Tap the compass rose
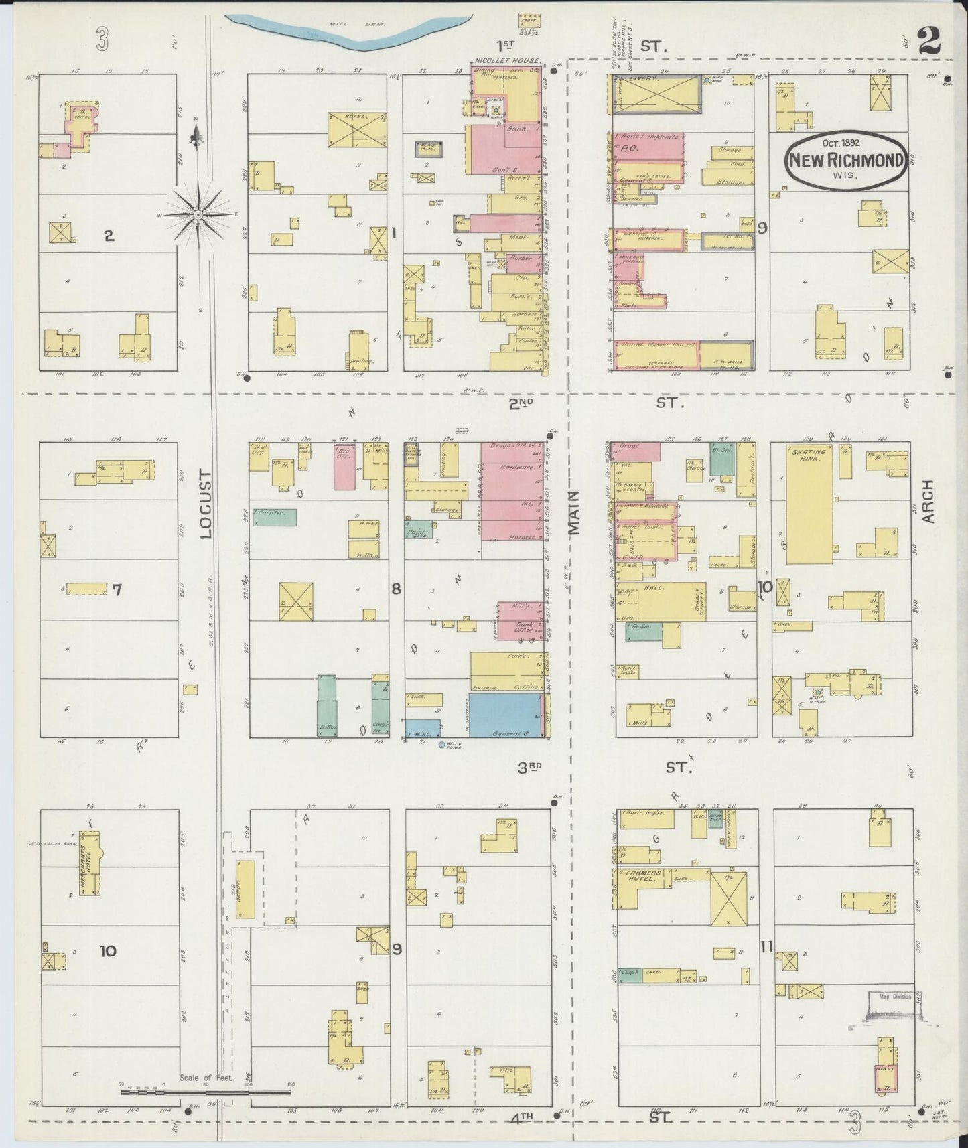[198, 214]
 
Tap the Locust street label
[204, 503]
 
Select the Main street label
[574, 512]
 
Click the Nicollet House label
[508, 61]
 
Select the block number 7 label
[117, 590]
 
